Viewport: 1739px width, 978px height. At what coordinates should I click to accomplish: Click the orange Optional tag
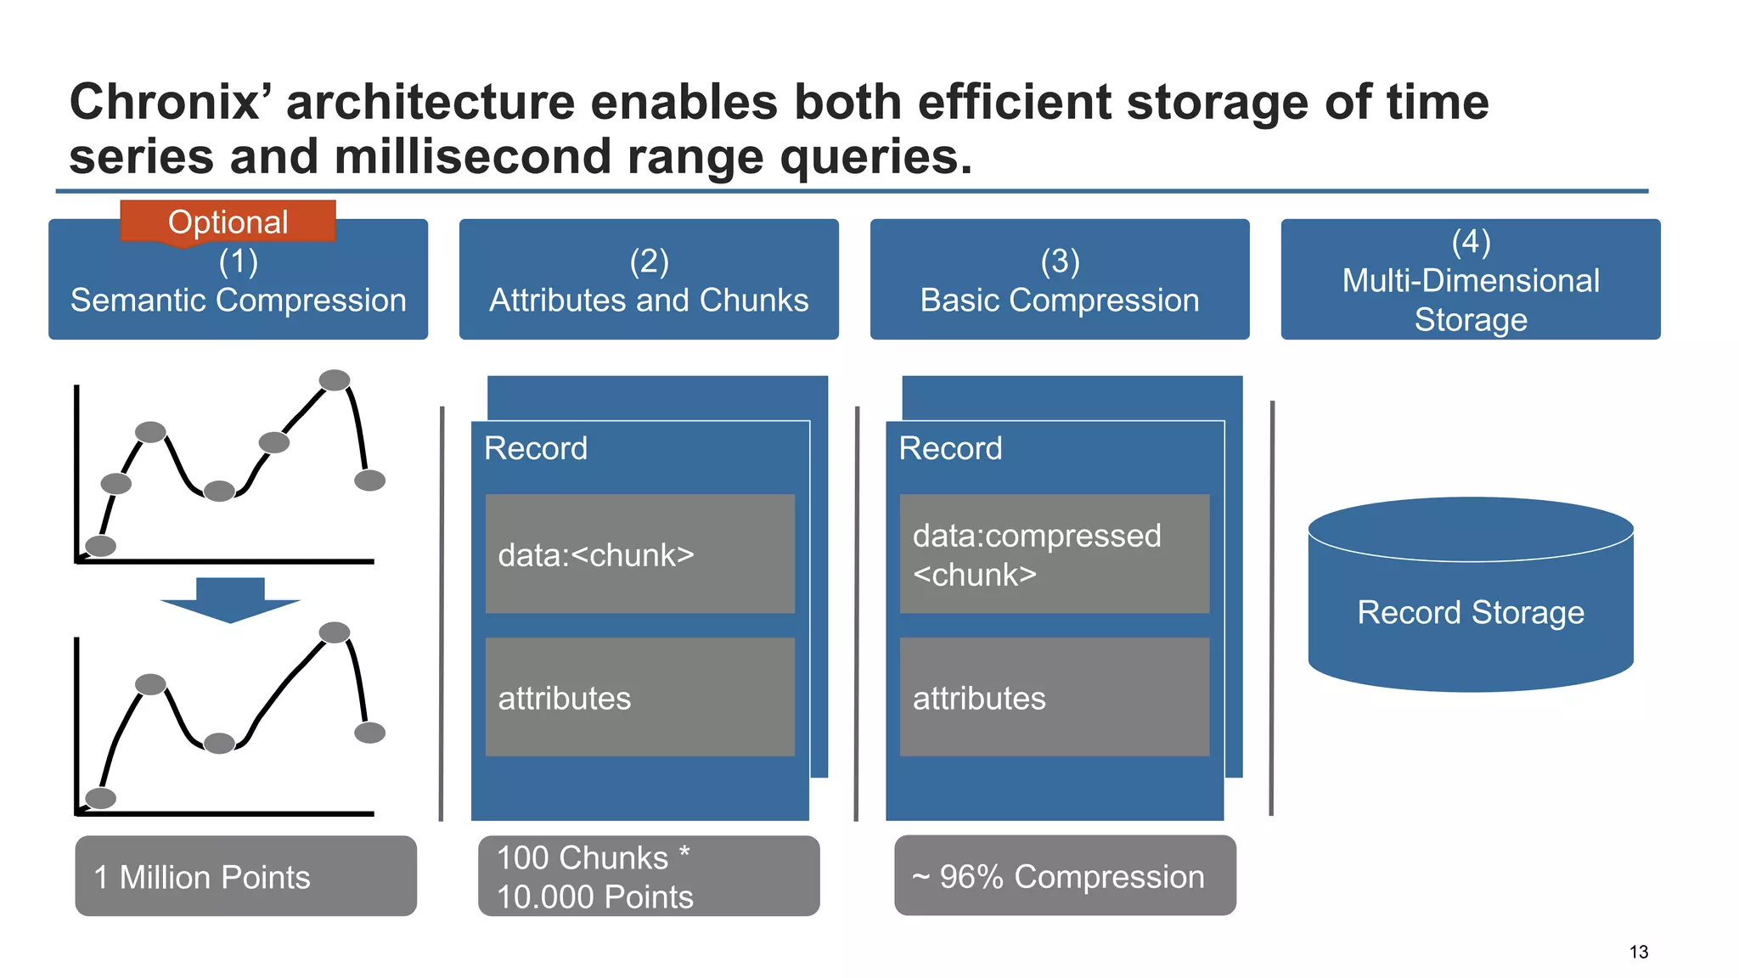tap(228, 222)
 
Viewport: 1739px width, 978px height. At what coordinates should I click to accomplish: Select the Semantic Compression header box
tap(238, 289)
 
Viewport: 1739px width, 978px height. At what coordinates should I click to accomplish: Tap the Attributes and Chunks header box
tap(649, 280)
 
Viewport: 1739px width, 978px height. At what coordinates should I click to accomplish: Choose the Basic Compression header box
tap(1060, 280)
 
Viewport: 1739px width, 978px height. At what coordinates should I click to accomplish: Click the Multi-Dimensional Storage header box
tap(1471, 280)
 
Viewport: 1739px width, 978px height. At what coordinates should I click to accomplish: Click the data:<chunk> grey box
tap(640, 554)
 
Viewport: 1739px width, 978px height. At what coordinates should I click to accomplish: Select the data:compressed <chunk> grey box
tap(1055, 554)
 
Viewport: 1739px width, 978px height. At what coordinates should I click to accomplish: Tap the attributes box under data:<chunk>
tap(640, 697)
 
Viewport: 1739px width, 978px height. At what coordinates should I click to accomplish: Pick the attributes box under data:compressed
tap(1055, 697)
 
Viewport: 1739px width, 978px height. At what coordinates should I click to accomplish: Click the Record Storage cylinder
tap(1471, 611)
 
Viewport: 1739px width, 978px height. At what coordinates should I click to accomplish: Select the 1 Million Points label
tap(245, 876)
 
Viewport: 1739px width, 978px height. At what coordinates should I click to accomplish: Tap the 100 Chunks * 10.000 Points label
tap(649, 876)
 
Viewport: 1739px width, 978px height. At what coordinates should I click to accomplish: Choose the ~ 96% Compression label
tap(1065, 876)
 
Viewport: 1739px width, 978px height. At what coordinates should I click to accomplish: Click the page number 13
tap(1638, 952)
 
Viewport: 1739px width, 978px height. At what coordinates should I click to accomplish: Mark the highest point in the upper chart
tap(335, 379)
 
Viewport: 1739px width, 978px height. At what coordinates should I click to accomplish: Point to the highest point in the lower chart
tap(335, 632)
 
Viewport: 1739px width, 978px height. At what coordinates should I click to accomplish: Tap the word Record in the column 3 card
tap(950, 447)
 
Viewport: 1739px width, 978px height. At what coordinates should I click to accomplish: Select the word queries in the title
tap(875, 158)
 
